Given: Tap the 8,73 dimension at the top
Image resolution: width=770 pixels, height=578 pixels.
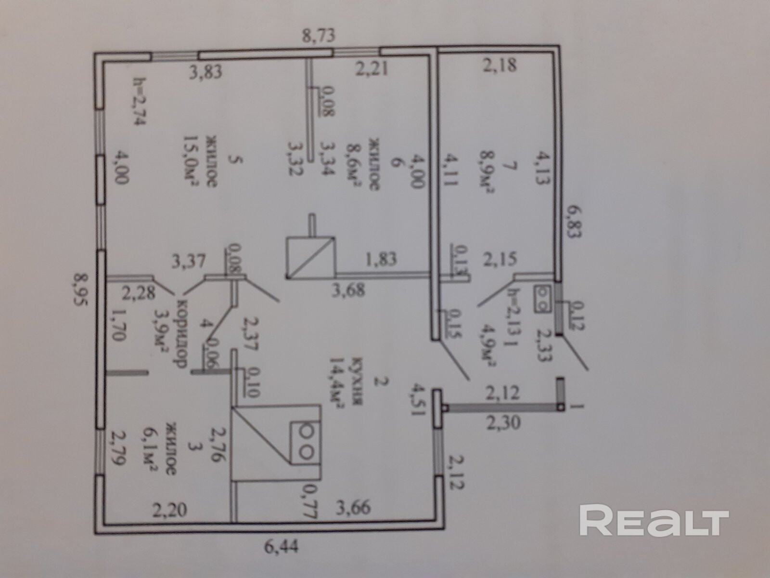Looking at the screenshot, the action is tap(317, 36).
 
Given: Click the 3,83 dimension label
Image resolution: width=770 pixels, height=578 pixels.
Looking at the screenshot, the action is tap(205, 72).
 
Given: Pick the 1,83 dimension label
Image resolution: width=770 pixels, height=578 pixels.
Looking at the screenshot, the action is tap(381, 259).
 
